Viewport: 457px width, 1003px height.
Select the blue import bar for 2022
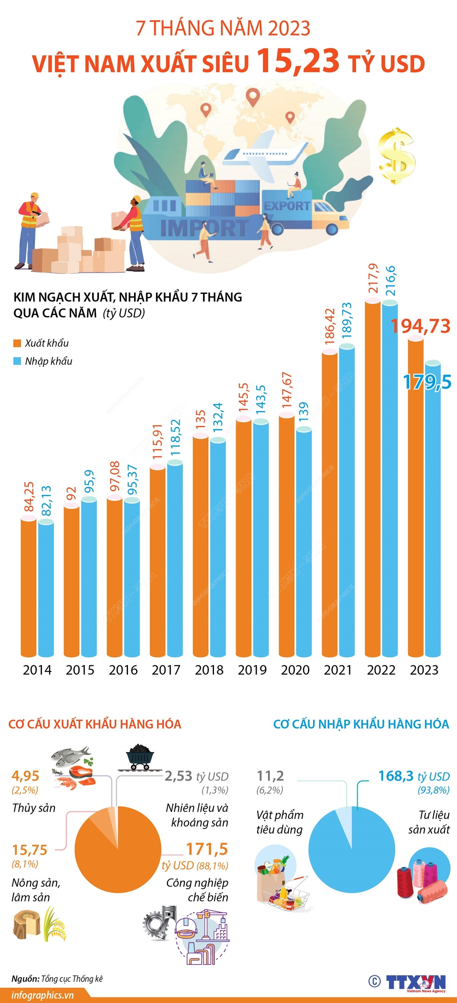390,479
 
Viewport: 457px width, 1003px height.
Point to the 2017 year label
166,670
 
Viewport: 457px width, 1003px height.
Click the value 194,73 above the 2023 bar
420,326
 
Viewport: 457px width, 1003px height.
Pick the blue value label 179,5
427,382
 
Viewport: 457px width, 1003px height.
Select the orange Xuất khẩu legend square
17,343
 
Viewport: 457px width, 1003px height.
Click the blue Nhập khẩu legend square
17,361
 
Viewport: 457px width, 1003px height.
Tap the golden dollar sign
397,156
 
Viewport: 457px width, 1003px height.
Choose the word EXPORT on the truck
287,206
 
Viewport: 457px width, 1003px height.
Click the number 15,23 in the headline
298,61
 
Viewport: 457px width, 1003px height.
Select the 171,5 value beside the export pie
207,849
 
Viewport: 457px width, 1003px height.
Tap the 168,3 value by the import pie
396,776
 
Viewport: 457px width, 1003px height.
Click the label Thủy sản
34,808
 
